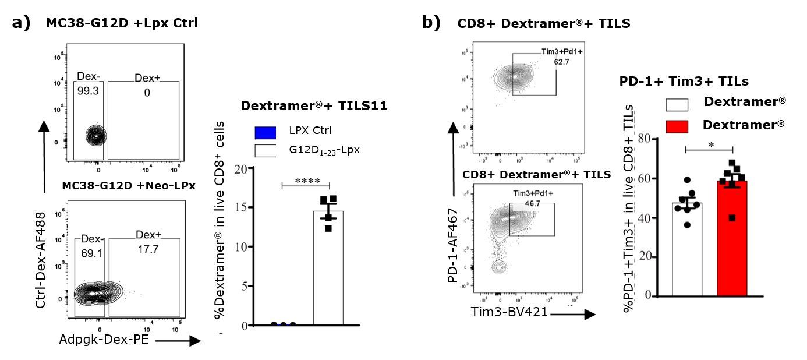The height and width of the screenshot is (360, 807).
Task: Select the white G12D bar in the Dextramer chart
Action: (x=328, y=268)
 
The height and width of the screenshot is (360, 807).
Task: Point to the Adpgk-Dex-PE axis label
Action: (x=104, y=340)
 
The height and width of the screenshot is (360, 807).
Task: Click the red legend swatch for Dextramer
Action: (x=677, y=126)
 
